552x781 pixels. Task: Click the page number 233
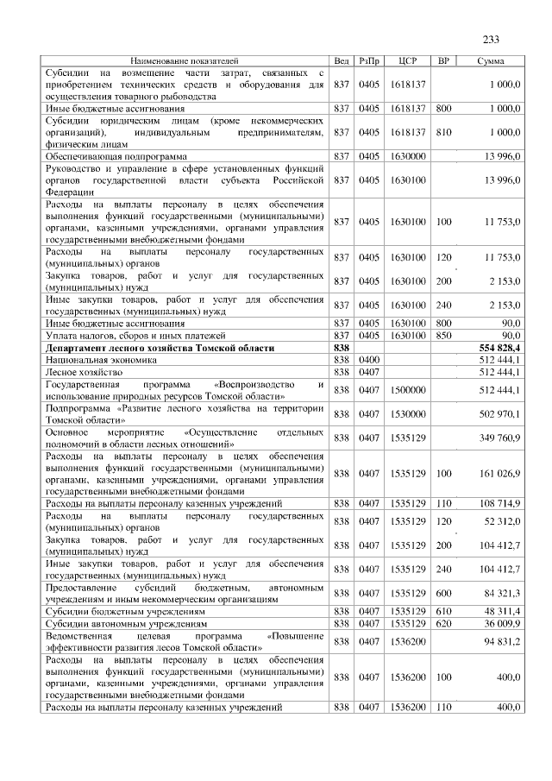(x=491, y=40)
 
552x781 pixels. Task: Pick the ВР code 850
(x=444, y=335)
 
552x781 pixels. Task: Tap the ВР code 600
(x=444, y=593)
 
